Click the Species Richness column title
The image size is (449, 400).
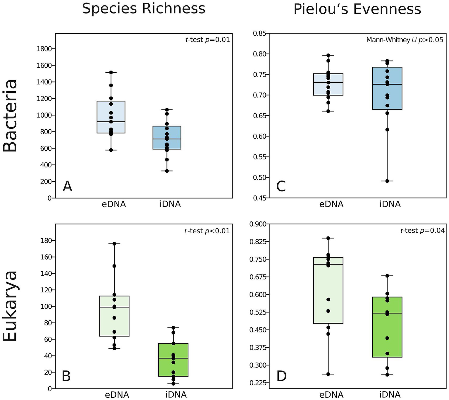tap(143, 9)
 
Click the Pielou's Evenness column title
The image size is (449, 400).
tap(357, 9)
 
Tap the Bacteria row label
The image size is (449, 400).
tap(10, 116)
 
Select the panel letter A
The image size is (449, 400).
tap(67, 186)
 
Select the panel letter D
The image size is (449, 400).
tap(281, 377)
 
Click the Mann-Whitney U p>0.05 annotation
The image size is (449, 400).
tap(405, 40)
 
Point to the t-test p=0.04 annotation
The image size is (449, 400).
tap(422, 231)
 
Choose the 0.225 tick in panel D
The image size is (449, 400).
tap(257, 383)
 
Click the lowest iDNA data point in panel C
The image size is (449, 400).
tap(387, 181)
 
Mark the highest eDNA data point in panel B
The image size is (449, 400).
tap(114, 244)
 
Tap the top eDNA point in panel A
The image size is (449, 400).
tap(111, 72)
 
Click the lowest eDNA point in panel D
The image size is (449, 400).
tap(328, 374)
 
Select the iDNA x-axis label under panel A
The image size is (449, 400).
tap(170, 204)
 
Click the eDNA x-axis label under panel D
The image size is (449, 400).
tap(331, 395)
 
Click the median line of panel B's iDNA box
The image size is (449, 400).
tap(173, 358)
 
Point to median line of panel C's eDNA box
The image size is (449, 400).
tap(328, 83)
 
